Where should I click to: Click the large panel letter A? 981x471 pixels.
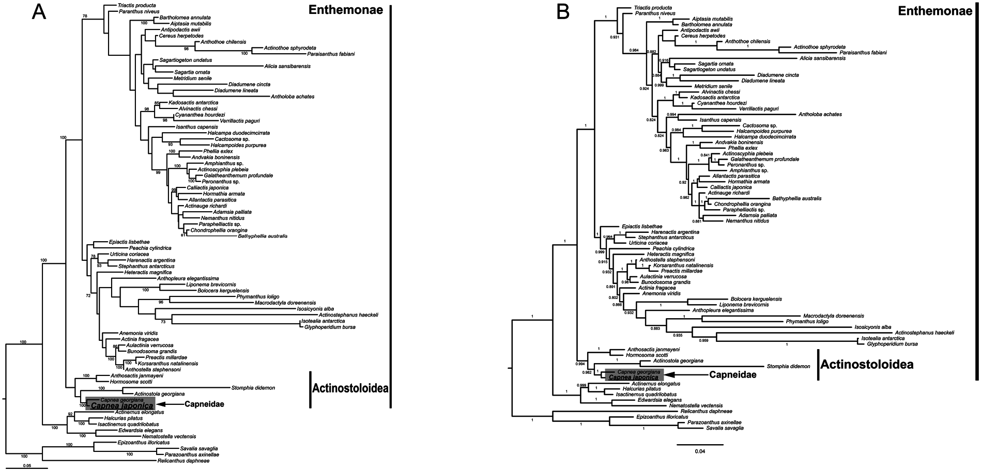40,12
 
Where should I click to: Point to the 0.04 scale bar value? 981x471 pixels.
700,451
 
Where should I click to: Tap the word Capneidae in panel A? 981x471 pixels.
204,404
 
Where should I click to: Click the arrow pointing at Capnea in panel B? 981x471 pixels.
683,374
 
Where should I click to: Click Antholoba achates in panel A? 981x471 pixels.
292,97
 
